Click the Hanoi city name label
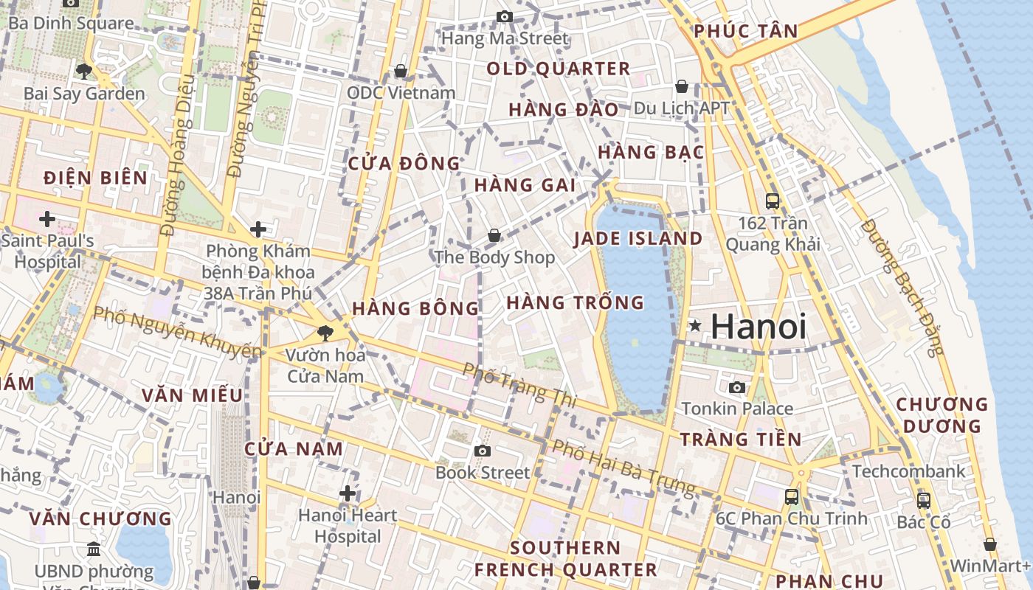pyautogui.click(x=759, y=326)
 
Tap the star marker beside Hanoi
pyautogui.click(x=694, y=325)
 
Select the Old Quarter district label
pyautogui.click(x=559, y=69)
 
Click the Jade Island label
pyautogui.click(x=638, y=238)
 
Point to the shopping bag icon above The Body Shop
pyautogui.click(x=494, y=235)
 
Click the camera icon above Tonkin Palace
pyautogui.click(x=736, y=387)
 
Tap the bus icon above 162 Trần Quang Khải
pyautogui.click(x=773, y=201)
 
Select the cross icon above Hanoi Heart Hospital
pyautogui.click(x=348, y=493)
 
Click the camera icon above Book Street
pyautogui.click(x=483, y=451)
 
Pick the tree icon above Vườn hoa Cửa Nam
pyautogui.click(x=324, y=333)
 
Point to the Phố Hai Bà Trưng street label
pyautogui.click(x=623, y=467)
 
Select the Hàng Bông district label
pyautogui.click(x=415, y=308)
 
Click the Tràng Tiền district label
pyautogui.click(x=740, y=440)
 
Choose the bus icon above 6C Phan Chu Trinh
pyautogui.click(x=792, y=496)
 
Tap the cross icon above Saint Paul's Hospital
pyautogui.click(x=47, y=219)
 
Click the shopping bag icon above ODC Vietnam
pyautogui.click(x=401, y=71)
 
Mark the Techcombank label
pyautogui.click(x=908, y=471)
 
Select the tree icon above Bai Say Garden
pyautogui.click(x=84, y=72)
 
